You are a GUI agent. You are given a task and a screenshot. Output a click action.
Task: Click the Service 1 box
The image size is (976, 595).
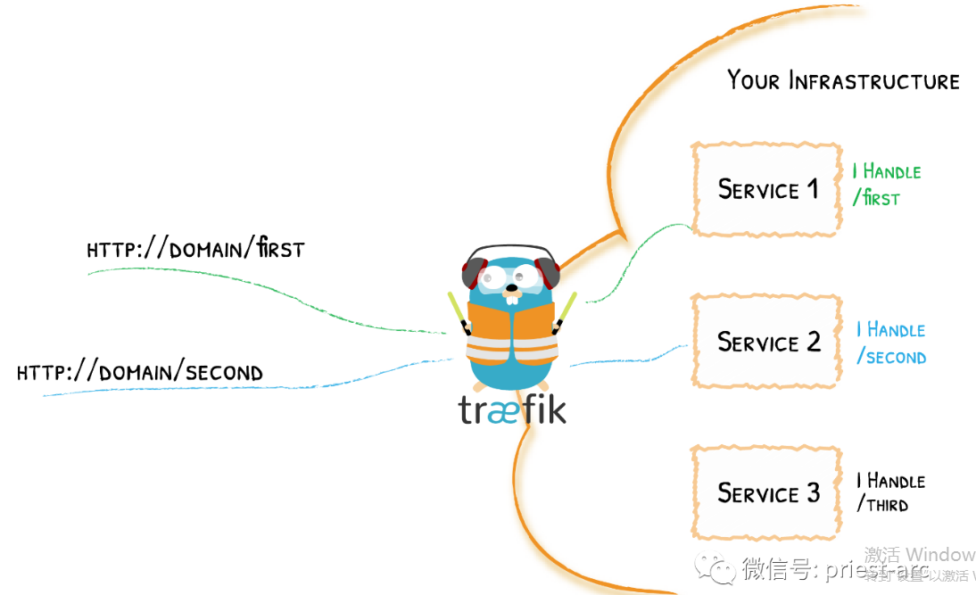pos(766,189)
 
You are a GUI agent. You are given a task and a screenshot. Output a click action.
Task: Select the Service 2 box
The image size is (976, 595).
pos(766,342)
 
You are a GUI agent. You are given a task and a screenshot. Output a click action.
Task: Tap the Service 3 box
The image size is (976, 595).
pos(766,492)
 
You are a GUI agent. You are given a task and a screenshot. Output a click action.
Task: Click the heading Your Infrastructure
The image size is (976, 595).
pos(842,80)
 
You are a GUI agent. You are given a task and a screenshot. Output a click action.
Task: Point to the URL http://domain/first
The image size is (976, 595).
pos(195,249)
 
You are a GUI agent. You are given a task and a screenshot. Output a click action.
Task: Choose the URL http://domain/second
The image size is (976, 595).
pos(140,372)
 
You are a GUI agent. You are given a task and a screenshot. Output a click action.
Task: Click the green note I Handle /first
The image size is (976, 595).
pos(886,185)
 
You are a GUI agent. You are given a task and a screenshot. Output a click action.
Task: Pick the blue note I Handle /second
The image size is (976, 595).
pos(890,343)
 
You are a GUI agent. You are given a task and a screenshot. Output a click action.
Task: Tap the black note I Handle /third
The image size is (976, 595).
pos(890,492)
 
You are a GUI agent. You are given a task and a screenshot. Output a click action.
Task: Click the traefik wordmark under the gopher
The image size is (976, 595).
pos(512,410)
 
